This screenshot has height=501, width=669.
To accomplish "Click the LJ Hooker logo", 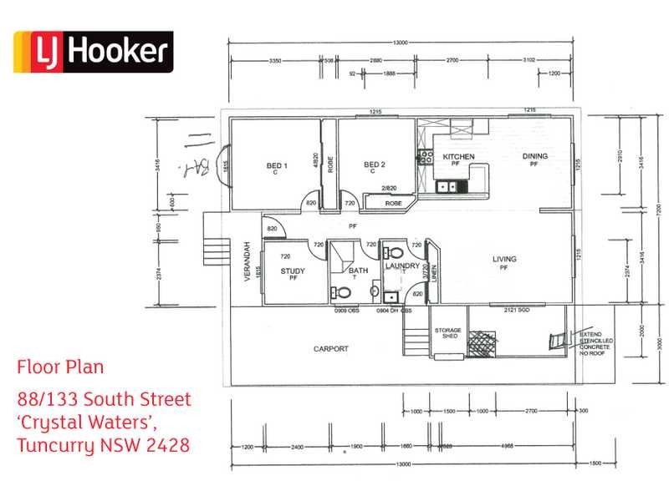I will click(x=91, y=53).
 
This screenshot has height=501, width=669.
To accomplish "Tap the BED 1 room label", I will click(x=277, y=166).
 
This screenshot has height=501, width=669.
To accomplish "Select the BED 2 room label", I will click(x=374, y=165).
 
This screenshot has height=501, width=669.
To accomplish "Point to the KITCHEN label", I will click(x=458, y=157).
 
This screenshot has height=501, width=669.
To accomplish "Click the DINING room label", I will click(x=534, y=156).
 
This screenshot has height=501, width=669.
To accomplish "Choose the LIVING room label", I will click(x=504, y=259).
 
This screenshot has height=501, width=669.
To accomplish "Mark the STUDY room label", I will click(x=293, y=271).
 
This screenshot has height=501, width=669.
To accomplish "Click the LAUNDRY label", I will click(x=401, y=266).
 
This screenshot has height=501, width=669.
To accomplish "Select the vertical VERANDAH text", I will click(x=248, y=262).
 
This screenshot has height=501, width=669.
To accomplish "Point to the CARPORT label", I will click(x=330, y=349).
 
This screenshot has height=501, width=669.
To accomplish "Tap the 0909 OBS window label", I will click(x=346, y=310).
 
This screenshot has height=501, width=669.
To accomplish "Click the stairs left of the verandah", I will click(x=215, y=250).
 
